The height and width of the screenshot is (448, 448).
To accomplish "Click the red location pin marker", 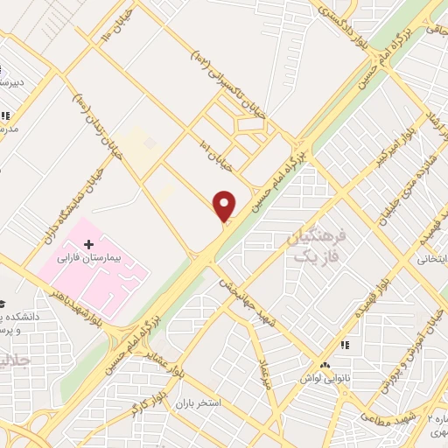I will tap(225, 206).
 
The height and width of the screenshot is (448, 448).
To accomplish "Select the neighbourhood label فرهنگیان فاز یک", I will tap(317, 244).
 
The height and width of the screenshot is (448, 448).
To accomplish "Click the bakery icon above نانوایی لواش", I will tap(325, 364).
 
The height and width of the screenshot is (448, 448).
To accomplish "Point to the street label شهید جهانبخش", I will tap(248, 297).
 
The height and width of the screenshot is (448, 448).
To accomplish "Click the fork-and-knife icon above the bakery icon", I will tap(345, 346).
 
